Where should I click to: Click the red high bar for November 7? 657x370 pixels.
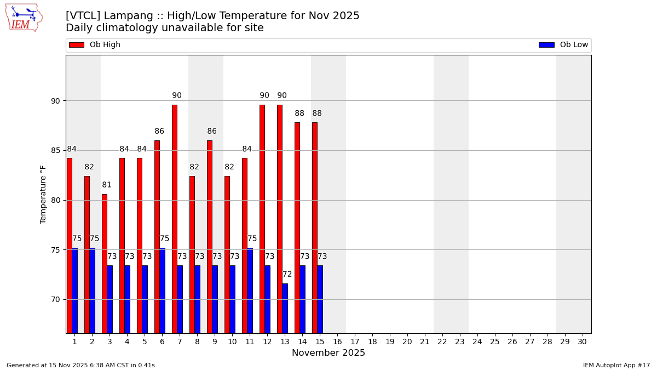175,219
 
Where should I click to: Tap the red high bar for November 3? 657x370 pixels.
105,263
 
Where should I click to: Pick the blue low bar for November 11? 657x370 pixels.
250,291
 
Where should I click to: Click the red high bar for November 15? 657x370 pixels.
315,227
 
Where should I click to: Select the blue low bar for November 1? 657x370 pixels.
74,291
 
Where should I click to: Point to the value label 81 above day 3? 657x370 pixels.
107,185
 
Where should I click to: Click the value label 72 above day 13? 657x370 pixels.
287,275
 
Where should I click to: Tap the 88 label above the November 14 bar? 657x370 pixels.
299,114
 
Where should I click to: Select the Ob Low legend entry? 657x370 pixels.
564,45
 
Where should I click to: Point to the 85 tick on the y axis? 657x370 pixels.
55,151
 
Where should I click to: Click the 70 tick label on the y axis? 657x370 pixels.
55,300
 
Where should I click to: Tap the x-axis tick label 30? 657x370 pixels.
582,342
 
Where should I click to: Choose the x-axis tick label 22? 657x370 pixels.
442,342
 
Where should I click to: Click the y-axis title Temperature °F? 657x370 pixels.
43,195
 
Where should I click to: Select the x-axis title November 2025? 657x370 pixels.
328,353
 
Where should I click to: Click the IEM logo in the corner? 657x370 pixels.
24,18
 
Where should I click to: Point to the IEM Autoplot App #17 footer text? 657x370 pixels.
616,366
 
